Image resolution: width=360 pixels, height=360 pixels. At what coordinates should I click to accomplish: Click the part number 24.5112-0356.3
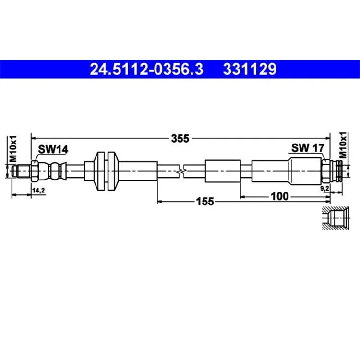pos(146,69)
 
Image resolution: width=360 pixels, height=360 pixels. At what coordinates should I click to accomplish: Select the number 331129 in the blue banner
pos(250,69)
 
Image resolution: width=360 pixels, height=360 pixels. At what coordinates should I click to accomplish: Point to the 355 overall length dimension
pos(180,138)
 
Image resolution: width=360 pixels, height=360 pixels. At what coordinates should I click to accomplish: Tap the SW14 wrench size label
pos(53,149)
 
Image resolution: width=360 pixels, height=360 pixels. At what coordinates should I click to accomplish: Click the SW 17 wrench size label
pos(308,148)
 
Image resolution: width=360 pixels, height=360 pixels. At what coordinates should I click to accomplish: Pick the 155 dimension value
pos(205,202)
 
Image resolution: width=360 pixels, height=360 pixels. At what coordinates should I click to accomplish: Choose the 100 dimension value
pos(280,196)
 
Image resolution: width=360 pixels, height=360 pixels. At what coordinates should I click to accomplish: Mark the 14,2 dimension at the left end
pos(38,191)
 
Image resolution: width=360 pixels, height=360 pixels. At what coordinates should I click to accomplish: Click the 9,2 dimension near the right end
pos(324,189)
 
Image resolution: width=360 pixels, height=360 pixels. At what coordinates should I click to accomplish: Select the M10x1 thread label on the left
pos(13,149)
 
